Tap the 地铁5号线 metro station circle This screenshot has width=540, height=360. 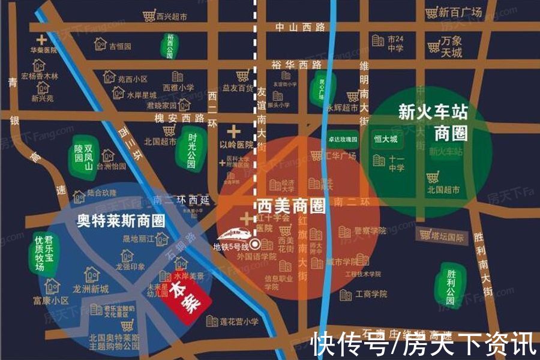pyautogui.click(x=254, y=244)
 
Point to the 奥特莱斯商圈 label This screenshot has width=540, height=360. pyautogui.click(x=121, y=219)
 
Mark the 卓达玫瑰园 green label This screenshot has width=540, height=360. pyautogui.click(x=343, y=139)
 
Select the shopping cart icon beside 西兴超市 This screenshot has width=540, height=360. pyautogui.click(x=149, y=16)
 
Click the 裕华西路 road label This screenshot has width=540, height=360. pyautogui.click(x=296, y=65)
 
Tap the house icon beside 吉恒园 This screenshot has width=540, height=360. pyautogui.click(x=101, y=44)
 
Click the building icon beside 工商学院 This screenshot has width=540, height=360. pyautogui.click(x=346, y=295)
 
